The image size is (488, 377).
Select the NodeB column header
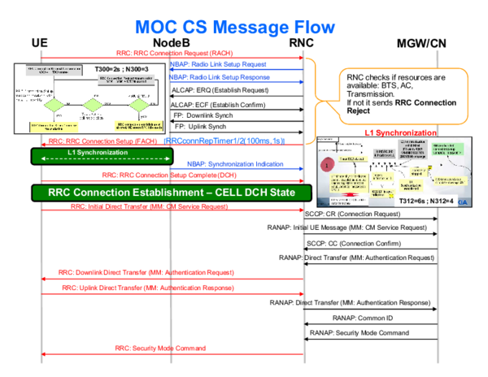coord(171,42)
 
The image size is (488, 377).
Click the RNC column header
coord(303,42)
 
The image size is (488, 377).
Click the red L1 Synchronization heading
coord(402,132)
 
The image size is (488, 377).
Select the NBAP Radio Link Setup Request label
coord(219,64)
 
